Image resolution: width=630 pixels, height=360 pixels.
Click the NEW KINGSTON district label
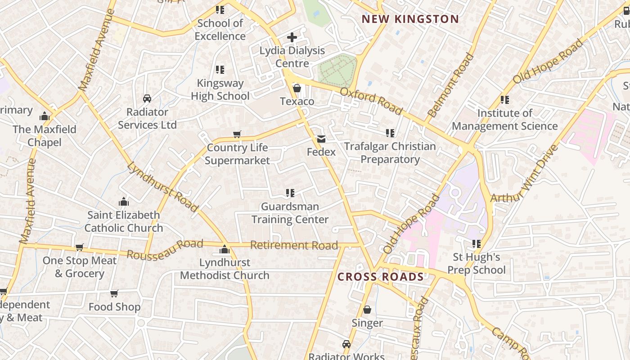click(x=410, y=19)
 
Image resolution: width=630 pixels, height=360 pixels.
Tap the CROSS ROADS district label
click(x=381, y=277)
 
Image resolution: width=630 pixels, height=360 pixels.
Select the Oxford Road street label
click(x=371, y=101)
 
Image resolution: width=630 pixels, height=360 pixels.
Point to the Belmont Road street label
click(x=451, y=85)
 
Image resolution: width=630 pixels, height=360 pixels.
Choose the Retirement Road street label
click(x=294, y=245)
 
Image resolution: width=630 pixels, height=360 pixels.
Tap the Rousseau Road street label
click(x=165, y=249)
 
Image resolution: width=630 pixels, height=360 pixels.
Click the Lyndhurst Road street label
click(x=162, y=187)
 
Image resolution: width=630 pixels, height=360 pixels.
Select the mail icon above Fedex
click(x=321, y=139)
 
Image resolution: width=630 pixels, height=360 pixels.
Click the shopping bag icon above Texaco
click(x=297, y=88)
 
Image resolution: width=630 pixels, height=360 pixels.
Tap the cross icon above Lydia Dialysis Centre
click(x=292, y=37)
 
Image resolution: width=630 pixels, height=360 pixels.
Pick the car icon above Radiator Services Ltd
click(x=147, y=99)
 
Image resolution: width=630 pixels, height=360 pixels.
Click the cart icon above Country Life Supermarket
click(x=237, y=134)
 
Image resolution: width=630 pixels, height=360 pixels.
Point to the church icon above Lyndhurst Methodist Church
click(x=224, y=249)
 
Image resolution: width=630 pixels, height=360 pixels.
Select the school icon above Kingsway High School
click(x=220, y=70)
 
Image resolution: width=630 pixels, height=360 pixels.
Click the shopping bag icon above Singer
click(x=367, y=310)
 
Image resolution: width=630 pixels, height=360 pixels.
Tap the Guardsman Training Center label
click(x=290, y=213)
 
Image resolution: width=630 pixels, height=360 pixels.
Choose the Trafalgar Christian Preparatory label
click(x=390, y=153)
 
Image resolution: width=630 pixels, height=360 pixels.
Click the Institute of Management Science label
click(x=504, y=120)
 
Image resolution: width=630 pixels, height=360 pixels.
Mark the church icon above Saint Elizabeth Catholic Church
click(x=124, y=202)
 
